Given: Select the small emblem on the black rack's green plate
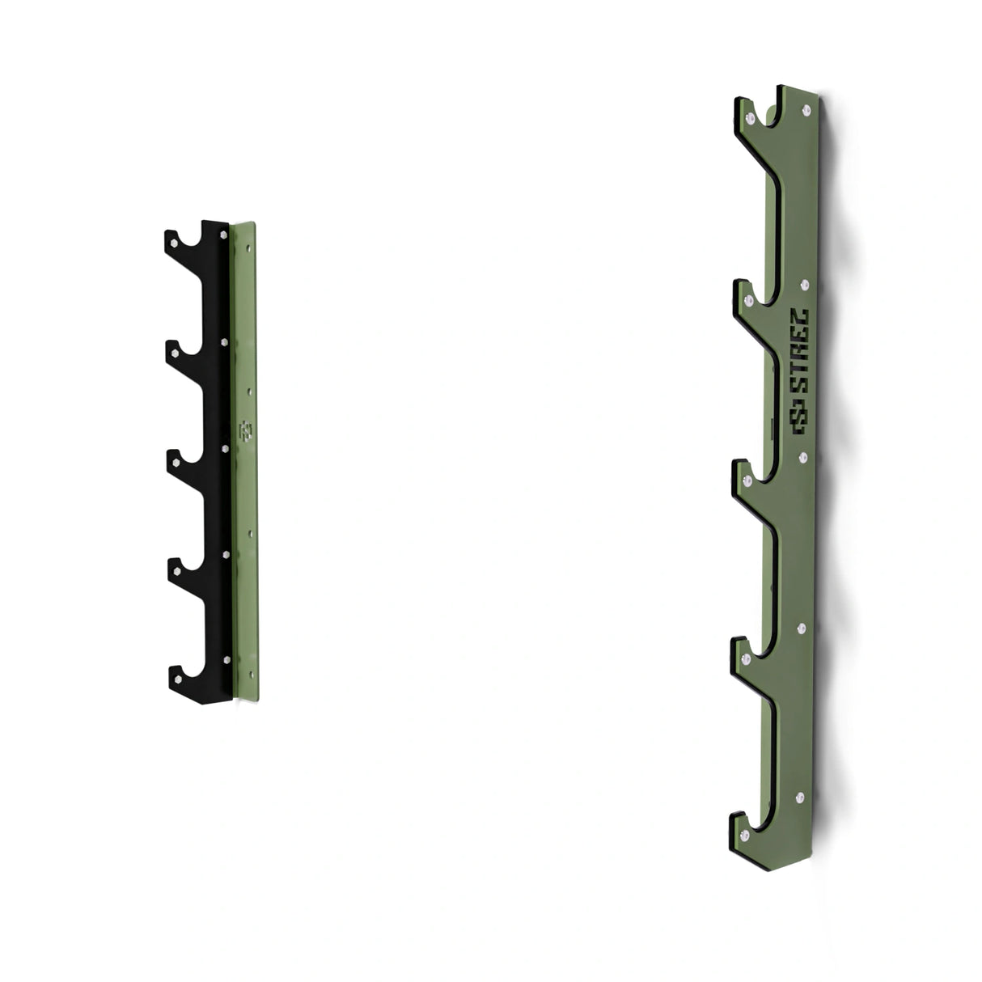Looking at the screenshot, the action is [x=246, y=430].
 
